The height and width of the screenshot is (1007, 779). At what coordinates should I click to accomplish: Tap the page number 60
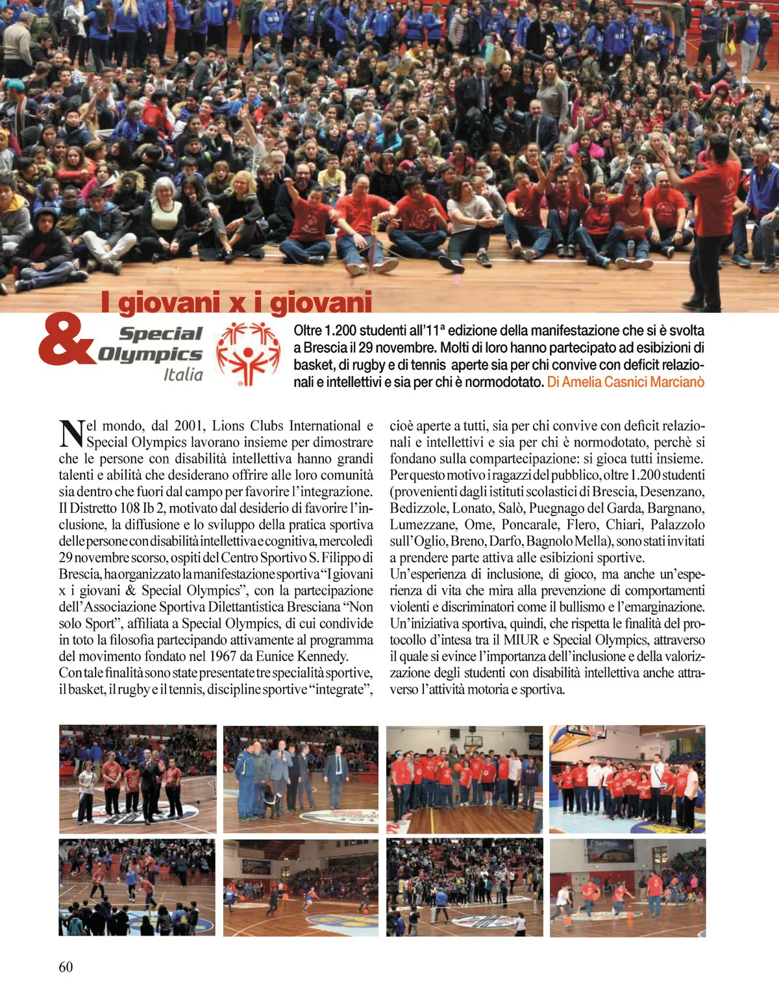pyautogui.click(x=66, y=967)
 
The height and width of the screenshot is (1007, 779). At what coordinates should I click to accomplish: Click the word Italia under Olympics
pyautogui.click(x=183, y=375)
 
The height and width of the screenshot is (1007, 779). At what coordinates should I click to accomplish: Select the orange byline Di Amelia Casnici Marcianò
pyautogui.click(x=625, y=382)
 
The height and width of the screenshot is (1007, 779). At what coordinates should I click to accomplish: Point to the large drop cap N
pyautogui.click(x=71, y=434)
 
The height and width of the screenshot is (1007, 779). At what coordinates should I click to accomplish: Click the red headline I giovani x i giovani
pyautogui.click(x=236, y=303)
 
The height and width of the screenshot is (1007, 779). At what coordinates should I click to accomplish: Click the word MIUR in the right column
pyautogui.click(x=521, y=640)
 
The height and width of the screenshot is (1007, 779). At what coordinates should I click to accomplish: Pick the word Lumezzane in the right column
pyautogui.click(x=422, y=525)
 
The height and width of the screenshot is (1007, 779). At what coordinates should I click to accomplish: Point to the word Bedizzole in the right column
pyautogui.click(x=418, y=508)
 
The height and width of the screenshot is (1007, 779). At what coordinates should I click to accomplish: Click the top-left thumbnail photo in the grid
pyautogui.click(x=138, y=779)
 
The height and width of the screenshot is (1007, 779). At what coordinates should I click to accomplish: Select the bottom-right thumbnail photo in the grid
pyautogui.click(x=627, y=888)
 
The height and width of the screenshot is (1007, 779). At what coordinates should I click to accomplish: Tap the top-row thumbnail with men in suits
pyautogui.click(x=301, y=779)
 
